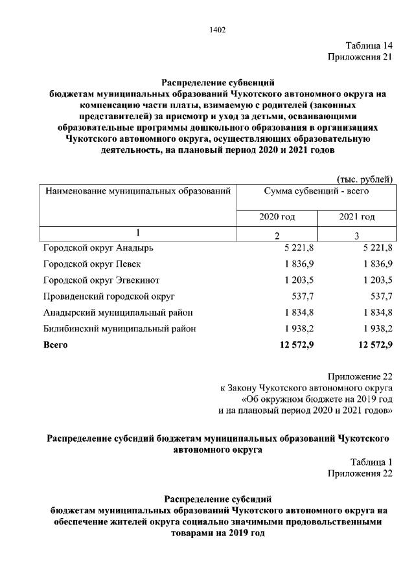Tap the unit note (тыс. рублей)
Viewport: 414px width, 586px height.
pyautogui.click(x=365, y=179)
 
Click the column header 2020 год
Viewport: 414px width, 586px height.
pyautogui.click(x=277, y=217)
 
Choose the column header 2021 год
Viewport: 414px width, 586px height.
pyautogui.click(x=356, y=217)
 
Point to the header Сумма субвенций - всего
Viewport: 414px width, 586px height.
pyautogui.click(x=316, y=192)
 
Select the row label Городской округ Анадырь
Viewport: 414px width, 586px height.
pyautogui.click(x=98, y=248)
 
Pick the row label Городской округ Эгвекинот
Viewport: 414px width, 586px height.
pyautogui.click(x=101, y=280)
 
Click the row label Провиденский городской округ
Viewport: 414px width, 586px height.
pyautogui.click(x=109, y=297)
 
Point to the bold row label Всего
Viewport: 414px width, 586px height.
pyautogui.click(x=55, y=345)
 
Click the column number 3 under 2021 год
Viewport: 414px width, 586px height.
pyautogui.click(x=356, y=235)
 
